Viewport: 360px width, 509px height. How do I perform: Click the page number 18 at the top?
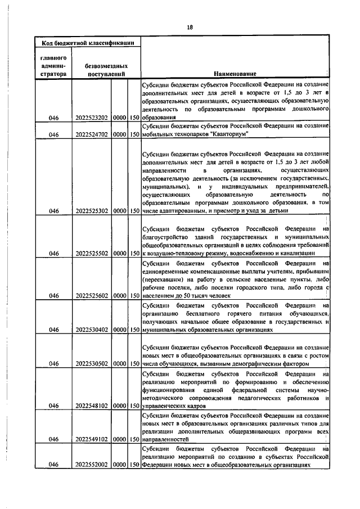pos(190,28)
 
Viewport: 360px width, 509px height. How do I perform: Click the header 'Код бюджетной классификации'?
pos(88,42)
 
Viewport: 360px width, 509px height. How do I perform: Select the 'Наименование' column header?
pos(235,73)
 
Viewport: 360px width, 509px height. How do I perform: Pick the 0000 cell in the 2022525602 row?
pos(119,295)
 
